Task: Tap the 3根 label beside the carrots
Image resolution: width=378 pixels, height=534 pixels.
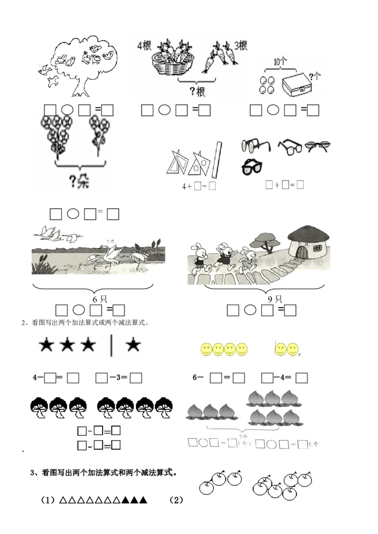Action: point(241,46)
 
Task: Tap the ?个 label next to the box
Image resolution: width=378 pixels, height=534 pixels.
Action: point(315,75)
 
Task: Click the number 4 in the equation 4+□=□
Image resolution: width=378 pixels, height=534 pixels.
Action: point(184,185)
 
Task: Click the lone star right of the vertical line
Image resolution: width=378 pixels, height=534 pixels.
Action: point(133,346)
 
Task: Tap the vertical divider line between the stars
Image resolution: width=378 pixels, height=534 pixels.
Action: point(112,346)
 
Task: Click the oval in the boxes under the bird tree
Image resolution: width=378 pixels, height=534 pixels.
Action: point(67,110)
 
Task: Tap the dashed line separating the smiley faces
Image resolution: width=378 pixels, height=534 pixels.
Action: point(275,349)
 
